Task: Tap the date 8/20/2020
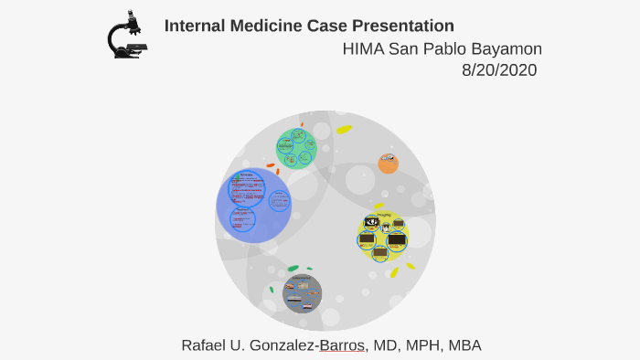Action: click(x=499, y=70)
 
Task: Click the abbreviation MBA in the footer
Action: click(x=464, y=344)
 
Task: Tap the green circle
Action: click(x=296, y=148)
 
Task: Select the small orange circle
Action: click(x=389, y=164)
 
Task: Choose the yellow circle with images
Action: click(x=382, y=237)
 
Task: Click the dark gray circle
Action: click(x=303, y=293)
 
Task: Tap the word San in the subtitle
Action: click(x=403, y=48)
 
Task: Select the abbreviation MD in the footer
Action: click(x=380, y=344)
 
